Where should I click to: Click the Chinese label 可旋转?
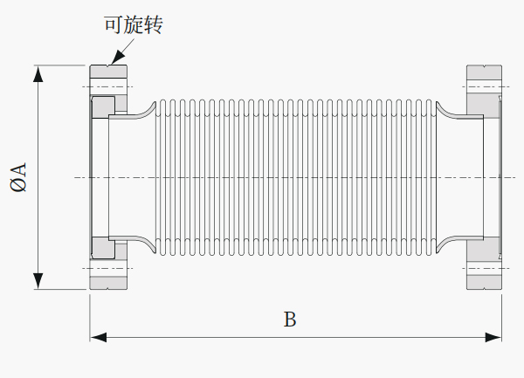(x=134, y=24)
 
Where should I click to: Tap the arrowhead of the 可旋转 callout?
(x=115, y=58)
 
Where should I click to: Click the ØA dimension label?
(x=18, y=177)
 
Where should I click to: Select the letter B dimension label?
(x=290, y=320)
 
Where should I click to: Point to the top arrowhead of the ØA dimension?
(x=38, y=73)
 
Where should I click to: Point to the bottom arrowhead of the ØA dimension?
(x=38, y=281)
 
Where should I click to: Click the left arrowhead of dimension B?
(x=98, y=337)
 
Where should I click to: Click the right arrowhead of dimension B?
(x=493, y=337)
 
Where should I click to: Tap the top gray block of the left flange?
(x=108, y=72)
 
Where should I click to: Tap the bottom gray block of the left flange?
(x=108, y=283)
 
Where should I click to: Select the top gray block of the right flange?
(x=484, y=72)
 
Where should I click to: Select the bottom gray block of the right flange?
(x=484, y=282)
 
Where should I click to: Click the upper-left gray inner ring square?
(x=103, y=107)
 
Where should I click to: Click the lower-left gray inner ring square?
(x=103, y=248)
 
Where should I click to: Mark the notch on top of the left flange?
(x=108, y=66)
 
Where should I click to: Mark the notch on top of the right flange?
(x=484, y=66)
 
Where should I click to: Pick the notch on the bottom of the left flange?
(x=108, y=288)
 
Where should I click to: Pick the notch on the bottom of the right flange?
(x=484, y=288)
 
